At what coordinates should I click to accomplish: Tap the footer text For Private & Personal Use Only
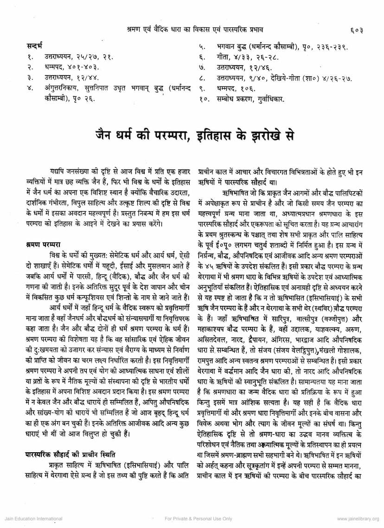pyautogui.click(x=198, y=519)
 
